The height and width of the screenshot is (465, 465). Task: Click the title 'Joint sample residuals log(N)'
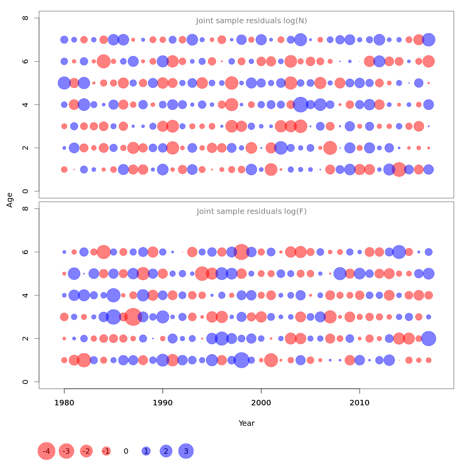point(251,21)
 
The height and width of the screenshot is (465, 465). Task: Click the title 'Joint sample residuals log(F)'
point(251,212)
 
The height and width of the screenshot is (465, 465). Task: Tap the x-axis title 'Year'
point(246,423)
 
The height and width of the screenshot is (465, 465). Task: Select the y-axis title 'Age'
point(10,200)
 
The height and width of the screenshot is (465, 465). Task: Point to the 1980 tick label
point(64,403)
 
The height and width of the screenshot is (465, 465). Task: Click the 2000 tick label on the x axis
point(261,403)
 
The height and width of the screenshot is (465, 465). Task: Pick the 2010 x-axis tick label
point(360,403)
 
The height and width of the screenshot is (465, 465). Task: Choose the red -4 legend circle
point(46,451)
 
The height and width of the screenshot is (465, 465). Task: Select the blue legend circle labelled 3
point(186,451)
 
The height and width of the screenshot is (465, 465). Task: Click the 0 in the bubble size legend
point(126,451)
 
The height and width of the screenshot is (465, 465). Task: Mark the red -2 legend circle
point(86,451)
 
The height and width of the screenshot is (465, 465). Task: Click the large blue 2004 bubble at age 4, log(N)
point(300,105)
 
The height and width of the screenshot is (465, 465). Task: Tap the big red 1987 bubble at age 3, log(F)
point(133,317)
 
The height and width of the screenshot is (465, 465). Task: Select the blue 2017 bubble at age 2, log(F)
point(429,338)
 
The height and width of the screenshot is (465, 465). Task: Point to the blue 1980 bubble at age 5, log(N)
point(64,83)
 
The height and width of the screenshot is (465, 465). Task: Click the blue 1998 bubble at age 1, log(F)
point(241,360)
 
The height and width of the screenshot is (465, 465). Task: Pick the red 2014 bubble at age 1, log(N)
point(399,169)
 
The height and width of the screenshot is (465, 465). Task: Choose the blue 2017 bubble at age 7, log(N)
point(429,40)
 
